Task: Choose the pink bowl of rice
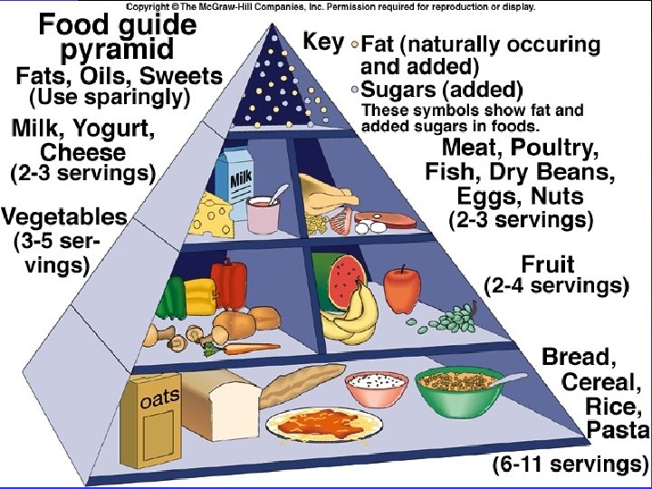click(x=376, y=388)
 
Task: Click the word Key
click(x=323, y=42)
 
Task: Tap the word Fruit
click(x=548, y=264)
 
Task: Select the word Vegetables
click(x=64, y=217)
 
